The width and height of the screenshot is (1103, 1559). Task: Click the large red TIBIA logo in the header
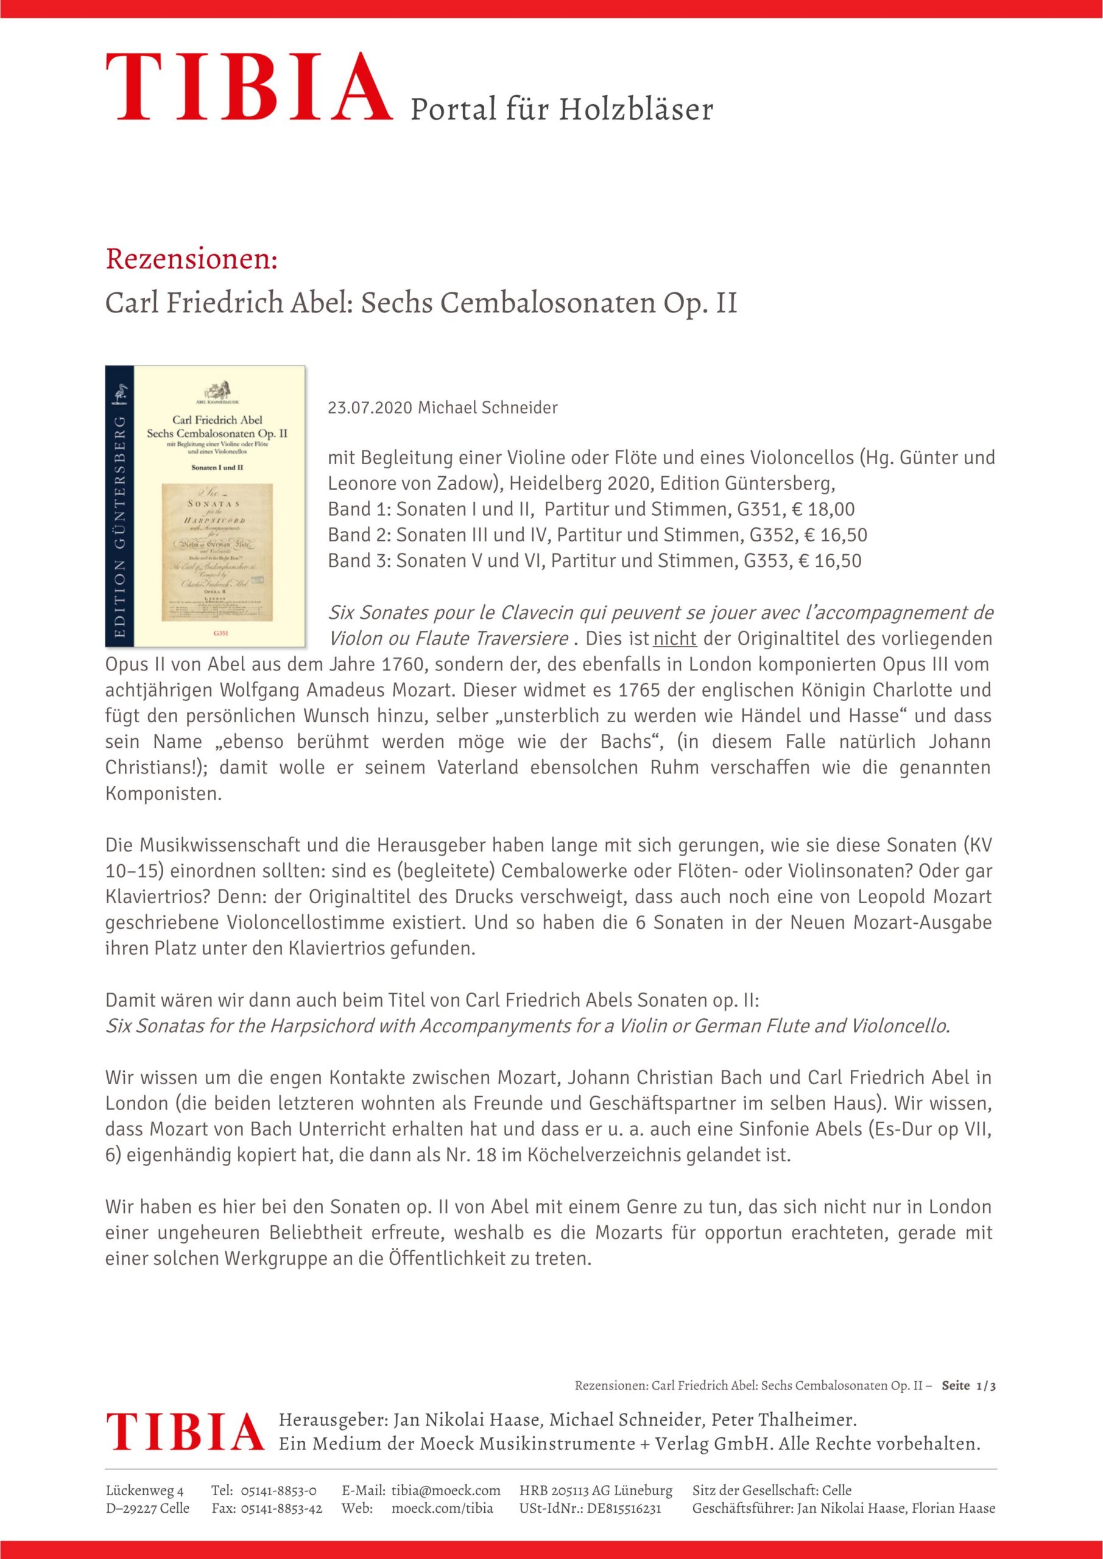[248, 88]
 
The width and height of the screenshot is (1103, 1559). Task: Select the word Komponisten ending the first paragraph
[164, 794]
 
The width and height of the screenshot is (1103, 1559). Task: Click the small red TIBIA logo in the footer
[184, 1431]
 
